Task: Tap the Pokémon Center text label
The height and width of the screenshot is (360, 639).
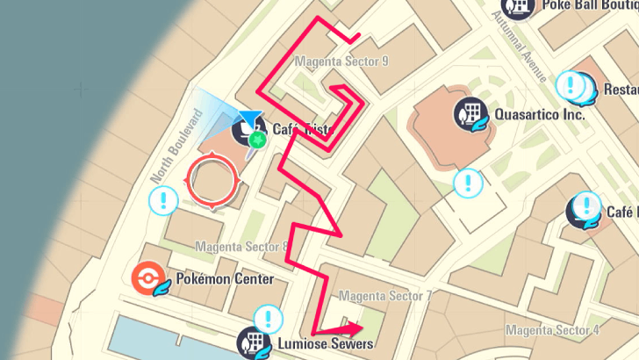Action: [x=225, y=279]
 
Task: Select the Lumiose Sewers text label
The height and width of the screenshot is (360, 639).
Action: [x=325, y=343]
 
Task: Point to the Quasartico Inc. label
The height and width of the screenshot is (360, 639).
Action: [x=540, y=114]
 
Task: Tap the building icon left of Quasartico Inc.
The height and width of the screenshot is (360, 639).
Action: [x=467, y=114]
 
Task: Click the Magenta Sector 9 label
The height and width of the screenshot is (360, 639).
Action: [x=341, y=61]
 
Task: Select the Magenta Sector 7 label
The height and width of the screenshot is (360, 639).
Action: [x=384, y=296]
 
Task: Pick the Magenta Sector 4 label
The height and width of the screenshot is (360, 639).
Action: [x=552, y=330]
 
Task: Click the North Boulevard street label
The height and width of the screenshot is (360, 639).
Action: [x=176, y=146]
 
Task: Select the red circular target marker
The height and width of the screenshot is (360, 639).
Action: [x=212, y=182]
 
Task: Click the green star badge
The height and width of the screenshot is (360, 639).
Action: [x=257, y=140]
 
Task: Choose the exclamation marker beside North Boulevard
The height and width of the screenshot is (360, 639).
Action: [x=163, y=201]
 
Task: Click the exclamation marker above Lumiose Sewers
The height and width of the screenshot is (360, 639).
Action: [x=268, y=319]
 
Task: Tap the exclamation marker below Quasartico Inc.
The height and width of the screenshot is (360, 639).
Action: [x=467, y=184]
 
